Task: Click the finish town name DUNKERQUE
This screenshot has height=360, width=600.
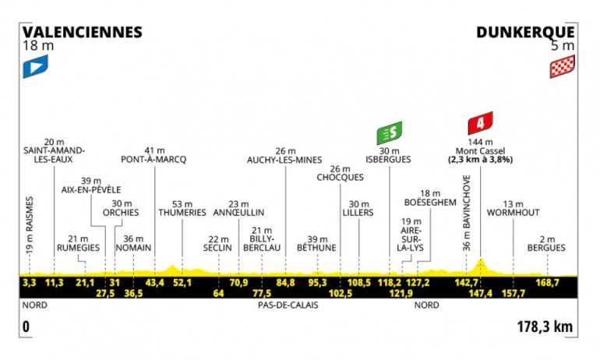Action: [527, 32]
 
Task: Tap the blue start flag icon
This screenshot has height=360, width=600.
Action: [34, 69]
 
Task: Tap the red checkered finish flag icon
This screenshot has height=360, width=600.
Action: [562, 69]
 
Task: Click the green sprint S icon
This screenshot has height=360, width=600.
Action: [389, 132]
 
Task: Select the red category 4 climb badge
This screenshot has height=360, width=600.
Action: [480, 123]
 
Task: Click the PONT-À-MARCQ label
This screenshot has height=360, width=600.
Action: [154, 159]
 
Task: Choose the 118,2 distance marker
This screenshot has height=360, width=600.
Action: [390, 281]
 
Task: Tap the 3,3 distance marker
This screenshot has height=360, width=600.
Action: [29, 281]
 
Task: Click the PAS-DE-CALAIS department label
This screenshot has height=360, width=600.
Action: [283, 305]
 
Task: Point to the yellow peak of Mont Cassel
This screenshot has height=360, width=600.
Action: [481, 259]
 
